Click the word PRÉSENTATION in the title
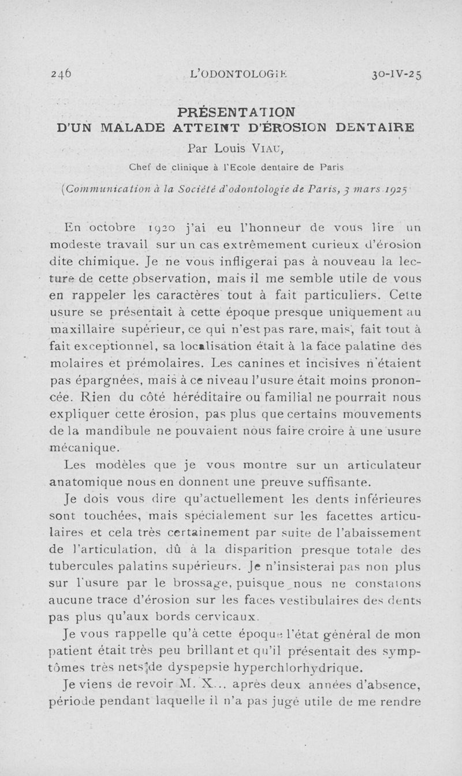tap(236, 110)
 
